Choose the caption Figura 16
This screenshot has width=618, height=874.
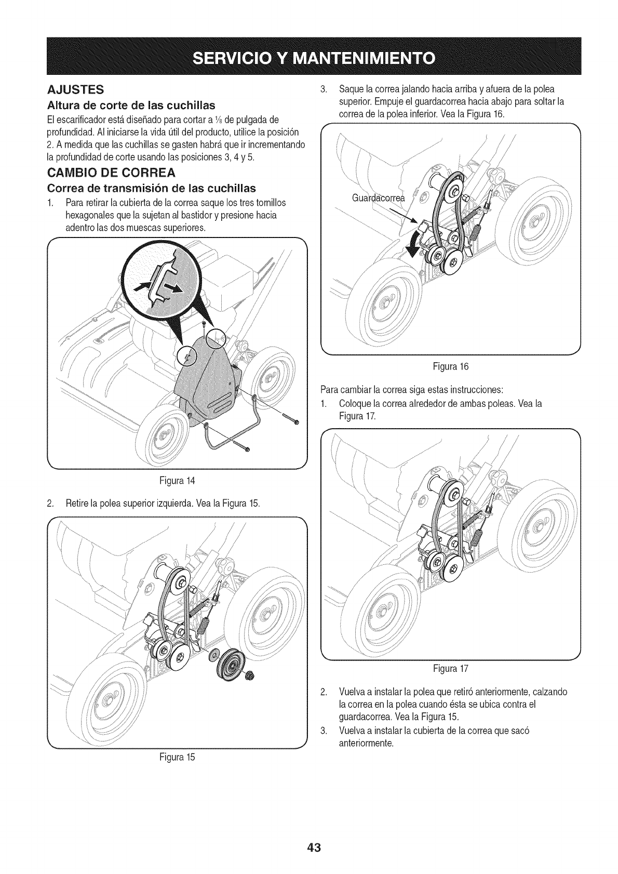(x=451, y=366)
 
